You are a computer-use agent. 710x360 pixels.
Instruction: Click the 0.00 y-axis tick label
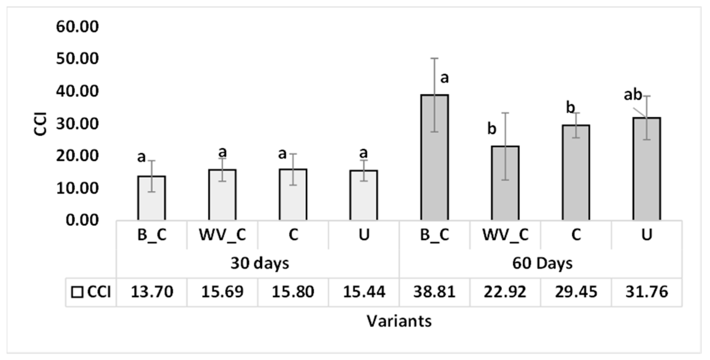click(82, 220)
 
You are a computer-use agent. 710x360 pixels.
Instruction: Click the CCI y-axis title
click(40, 124)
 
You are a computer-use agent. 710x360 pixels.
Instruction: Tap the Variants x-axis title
click(399, 321)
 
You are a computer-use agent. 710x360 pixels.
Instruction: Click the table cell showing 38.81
click(434, 292)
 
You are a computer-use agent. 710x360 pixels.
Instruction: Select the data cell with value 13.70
click(152, 292)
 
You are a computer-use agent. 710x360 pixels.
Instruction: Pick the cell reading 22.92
click(505, 292)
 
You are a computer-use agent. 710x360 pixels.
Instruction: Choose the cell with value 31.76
click(647, 292)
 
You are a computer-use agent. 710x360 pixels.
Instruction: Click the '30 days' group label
click(260, 263)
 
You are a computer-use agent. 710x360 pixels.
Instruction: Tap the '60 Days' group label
click(542, 263)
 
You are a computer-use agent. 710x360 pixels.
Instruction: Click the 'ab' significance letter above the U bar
click(633, 95)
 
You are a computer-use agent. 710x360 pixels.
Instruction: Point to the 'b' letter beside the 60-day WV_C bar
click(492, 129)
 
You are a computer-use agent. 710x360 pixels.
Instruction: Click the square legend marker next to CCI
click(77, 293)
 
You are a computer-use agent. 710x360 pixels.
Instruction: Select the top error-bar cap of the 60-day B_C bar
click(435, 59)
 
